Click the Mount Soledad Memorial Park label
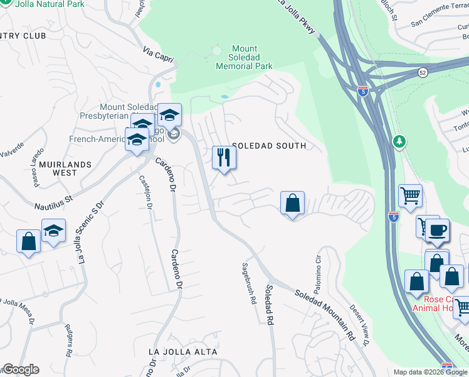244,57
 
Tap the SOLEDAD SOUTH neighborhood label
269,146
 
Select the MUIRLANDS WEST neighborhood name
65,168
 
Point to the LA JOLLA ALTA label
183,352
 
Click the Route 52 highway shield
423,73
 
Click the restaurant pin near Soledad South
224,158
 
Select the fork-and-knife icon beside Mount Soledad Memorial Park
218,50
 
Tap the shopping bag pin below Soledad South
292,204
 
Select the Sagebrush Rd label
249,283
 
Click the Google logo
21,369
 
